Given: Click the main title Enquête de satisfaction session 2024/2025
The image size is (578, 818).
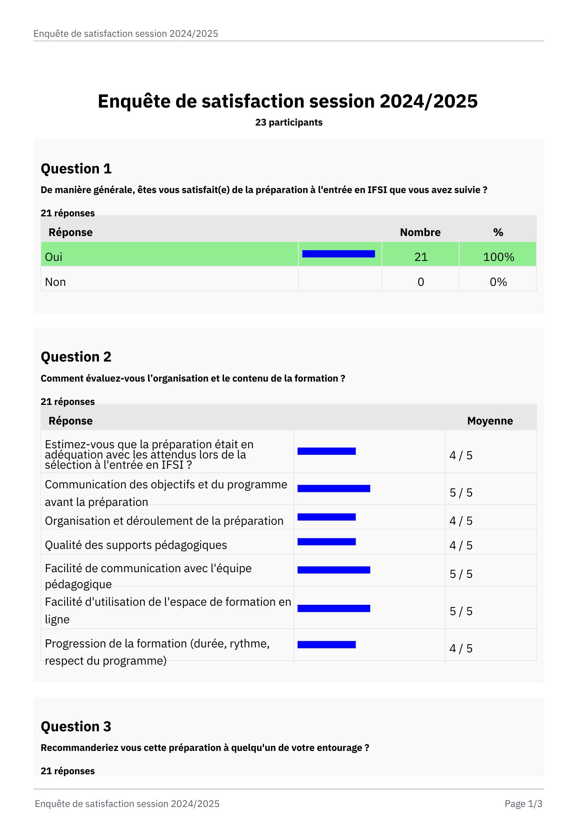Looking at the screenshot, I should (287, 101).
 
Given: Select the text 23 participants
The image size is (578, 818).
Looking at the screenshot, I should (289, 122).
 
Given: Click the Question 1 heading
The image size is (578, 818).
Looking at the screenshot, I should (76, 169).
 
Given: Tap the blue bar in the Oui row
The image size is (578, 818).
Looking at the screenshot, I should (338, 254).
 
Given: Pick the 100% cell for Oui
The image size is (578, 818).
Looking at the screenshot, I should (498, 257).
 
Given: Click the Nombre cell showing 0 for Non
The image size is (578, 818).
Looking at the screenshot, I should (421, 282).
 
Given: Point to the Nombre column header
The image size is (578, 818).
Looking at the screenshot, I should (420, 232).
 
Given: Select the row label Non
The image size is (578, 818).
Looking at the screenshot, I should (55, 282).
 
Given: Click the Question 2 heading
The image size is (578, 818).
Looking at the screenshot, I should (76, 357).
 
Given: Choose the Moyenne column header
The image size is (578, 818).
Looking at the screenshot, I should (490, 421).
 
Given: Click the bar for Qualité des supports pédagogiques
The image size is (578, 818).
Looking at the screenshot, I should (326, 542).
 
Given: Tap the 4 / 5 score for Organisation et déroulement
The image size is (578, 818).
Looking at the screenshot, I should (461, 521).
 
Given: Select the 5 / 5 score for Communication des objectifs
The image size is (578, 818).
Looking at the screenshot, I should (461, 492).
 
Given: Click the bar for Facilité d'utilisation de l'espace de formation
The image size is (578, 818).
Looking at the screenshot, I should (334, 609).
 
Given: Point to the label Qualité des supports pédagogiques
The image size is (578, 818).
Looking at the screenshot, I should (136, 545).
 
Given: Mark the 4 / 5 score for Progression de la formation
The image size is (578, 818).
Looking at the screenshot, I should (461, 648).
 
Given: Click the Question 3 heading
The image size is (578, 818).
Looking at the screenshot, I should (76, 726).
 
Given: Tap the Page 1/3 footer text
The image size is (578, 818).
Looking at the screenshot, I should (523, 804).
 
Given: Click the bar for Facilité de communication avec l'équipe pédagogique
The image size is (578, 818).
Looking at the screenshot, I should (334, 570).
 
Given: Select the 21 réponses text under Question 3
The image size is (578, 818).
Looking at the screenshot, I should (68, 771).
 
